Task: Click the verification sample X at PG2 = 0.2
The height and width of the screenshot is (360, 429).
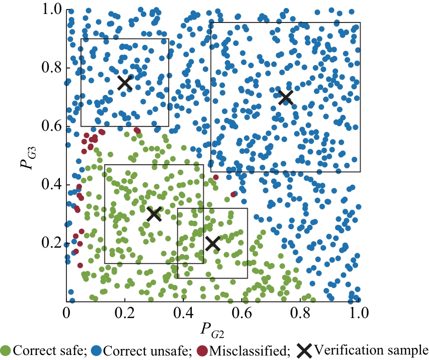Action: click(x=125, y=82)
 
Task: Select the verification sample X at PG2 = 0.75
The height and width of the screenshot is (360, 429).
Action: click(x=286, y=97)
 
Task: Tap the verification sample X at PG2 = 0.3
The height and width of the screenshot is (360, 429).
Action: click(x=154, y=214)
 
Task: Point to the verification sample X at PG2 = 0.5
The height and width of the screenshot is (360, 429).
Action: click(x=213, y=243)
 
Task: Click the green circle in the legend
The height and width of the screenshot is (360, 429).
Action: click(x=6, y=350)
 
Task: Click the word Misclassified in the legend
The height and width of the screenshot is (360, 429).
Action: click(x=249, y=350)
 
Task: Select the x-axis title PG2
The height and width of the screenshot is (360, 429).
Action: click(x=213, y=330)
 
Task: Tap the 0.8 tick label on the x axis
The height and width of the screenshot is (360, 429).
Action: click(x=300, y=313)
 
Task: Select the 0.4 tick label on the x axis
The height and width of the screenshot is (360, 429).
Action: click(x=183, y=313)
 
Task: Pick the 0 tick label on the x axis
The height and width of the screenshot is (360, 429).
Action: click(x=66, y=313)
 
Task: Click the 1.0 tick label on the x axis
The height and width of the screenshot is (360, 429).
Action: click(x=359, y=313)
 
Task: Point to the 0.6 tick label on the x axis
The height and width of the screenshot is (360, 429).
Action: click(x=242, y=313)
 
